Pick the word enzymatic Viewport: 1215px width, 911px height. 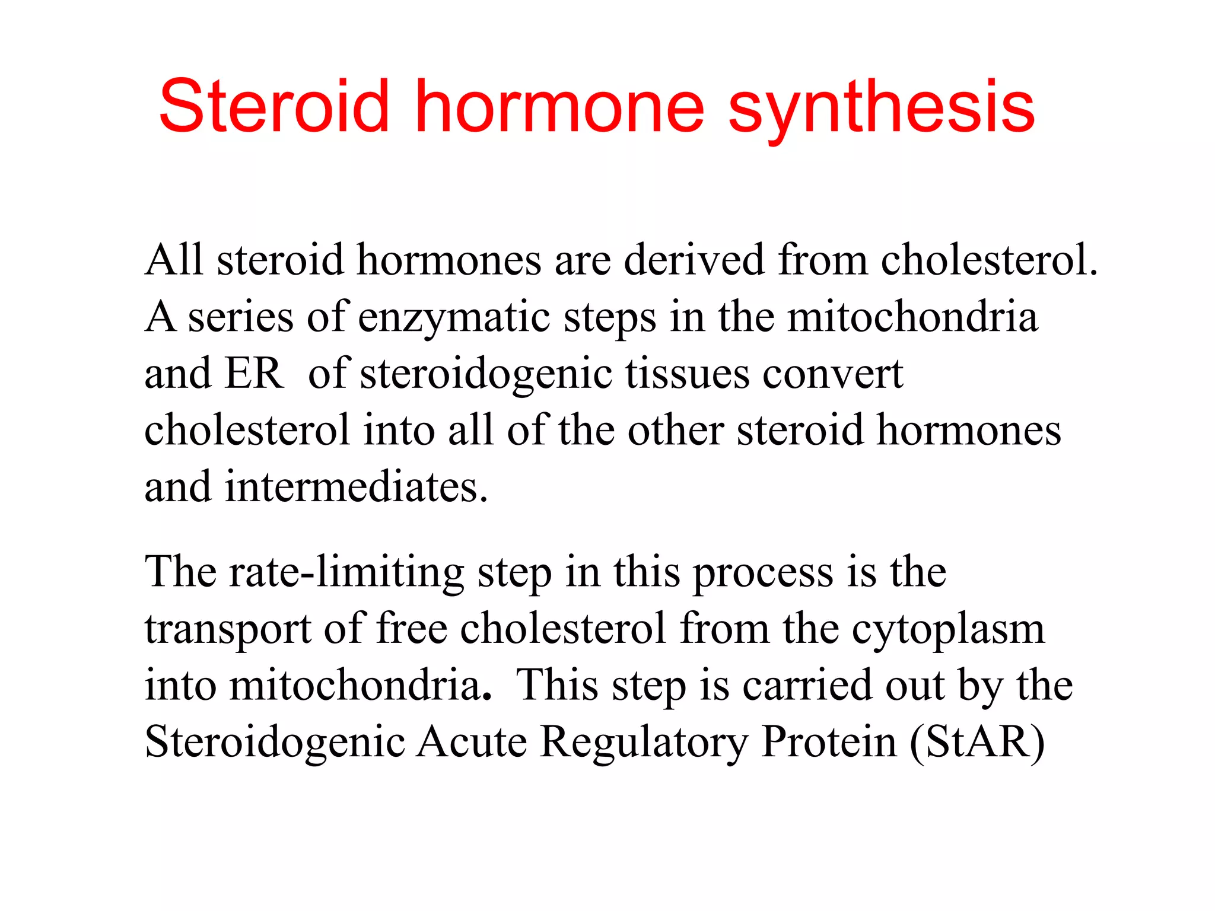[x=454, y=318]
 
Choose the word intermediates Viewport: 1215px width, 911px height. [x=356, y=487]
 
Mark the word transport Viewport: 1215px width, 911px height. [x=227, y=630]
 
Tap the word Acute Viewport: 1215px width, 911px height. [x=471, y=741]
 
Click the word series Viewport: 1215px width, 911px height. [x=240, y=317]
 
